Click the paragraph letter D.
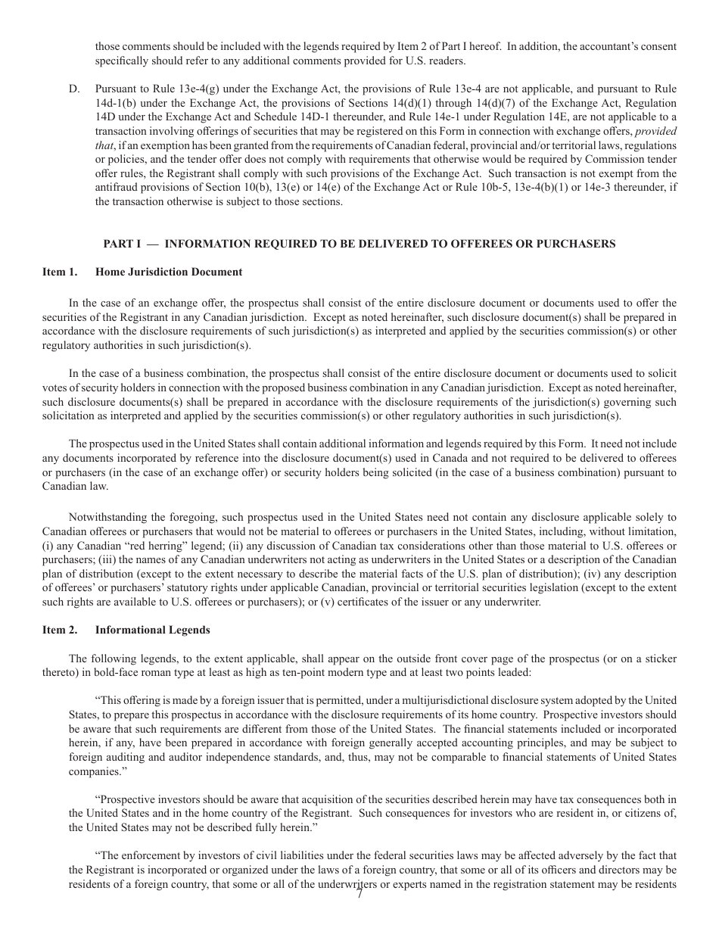point(73,89)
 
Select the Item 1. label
point(60,272)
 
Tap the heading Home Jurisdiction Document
point(169,272)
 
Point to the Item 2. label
point(60,630)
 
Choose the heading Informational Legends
point(153,630)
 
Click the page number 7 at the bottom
point(359,894)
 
